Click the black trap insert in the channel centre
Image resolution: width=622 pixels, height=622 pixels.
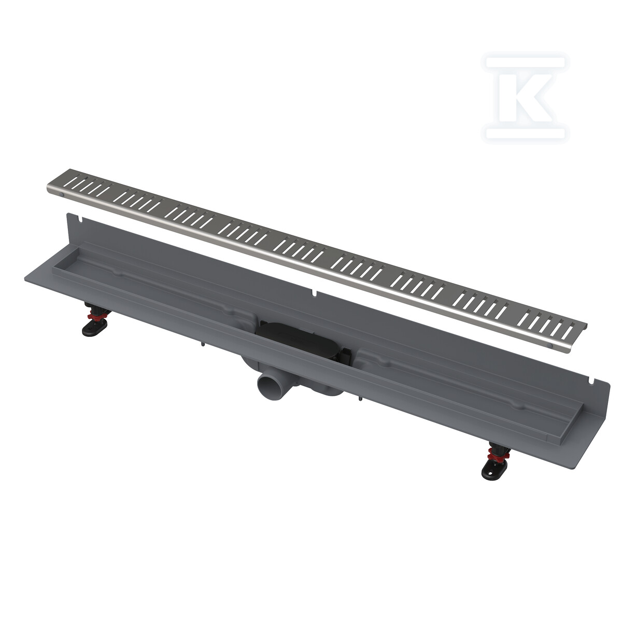point(296,338)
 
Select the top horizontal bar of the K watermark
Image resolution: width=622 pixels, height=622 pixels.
point(526,62)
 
